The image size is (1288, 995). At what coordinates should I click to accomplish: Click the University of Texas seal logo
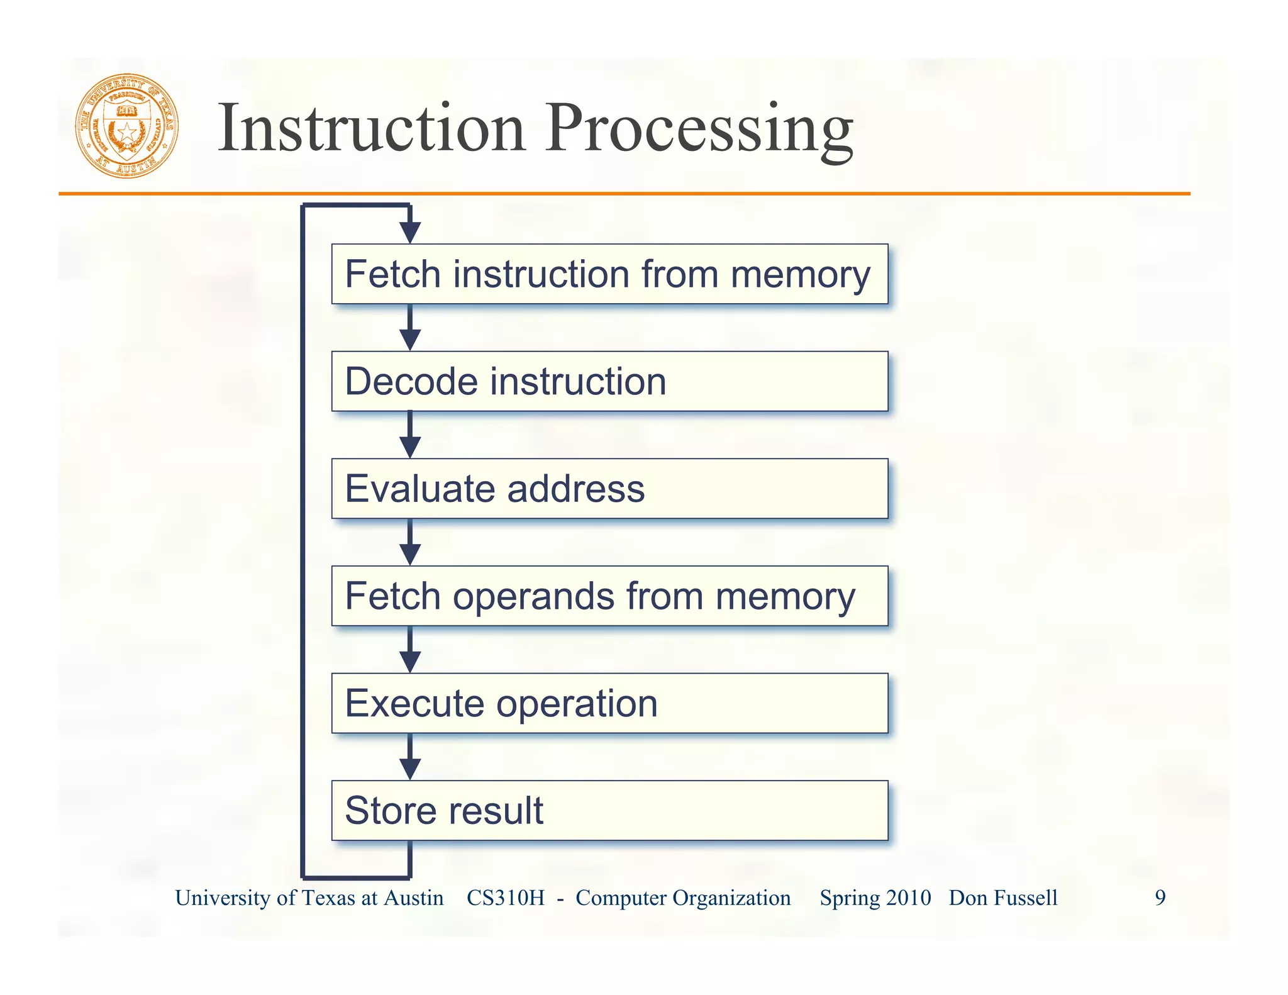(x=127, y=126)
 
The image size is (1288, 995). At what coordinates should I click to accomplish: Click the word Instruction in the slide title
(x=371, y=128)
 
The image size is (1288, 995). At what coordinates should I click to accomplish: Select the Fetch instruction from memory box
(x=609, y=274)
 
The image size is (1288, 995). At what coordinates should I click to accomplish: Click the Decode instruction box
(x=609, y=382)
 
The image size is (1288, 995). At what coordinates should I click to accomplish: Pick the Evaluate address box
(x=609, y=489)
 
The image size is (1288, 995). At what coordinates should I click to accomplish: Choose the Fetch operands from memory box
(x=609, y=596)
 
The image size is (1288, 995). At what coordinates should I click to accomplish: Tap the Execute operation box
(x=609, y=703)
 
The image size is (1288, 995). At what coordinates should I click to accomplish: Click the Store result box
(x=609, y=811)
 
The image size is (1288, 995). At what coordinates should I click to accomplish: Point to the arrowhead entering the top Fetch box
(x=410, y=232)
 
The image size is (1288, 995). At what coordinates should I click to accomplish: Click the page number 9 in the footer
(x=1160, y=898)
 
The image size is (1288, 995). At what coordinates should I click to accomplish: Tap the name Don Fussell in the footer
(x=1003, y=898)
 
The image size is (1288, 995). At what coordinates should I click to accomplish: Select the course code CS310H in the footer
(x=506, y=898)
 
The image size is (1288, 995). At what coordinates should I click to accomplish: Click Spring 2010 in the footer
(x=875, y=898)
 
